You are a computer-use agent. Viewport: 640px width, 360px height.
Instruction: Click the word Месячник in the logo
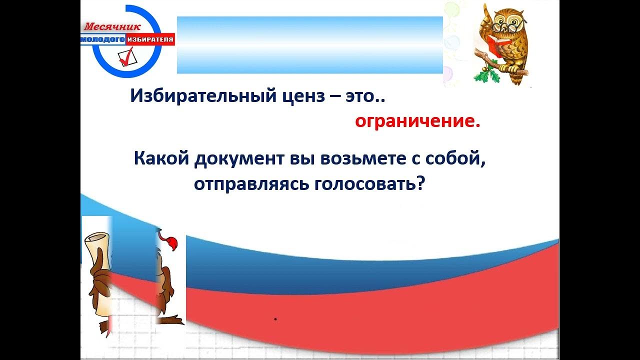pyautogui.click(x=112, y=27)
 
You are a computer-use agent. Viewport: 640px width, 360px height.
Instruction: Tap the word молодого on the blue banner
pyautogui.click(x=103, y=39)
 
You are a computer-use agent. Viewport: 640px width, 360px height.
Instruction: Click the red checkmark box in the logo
pyautogui.click(x=126, y=57)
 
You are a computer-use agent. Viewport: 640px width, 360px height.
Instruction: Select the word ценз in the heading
pyautogui.click(x=303, y=97)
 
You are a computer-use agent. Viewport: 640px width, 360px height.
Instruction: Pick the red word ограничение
pyautogui.click(x=417, y=121)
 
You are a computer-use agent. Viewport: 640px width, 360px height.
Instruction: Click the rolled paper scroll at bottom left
pyautogui.click(x=98, y=274)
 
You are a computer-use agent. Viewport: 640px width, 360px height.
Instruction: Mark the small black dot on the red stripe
pyautogui.click(x=275, y=319)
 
